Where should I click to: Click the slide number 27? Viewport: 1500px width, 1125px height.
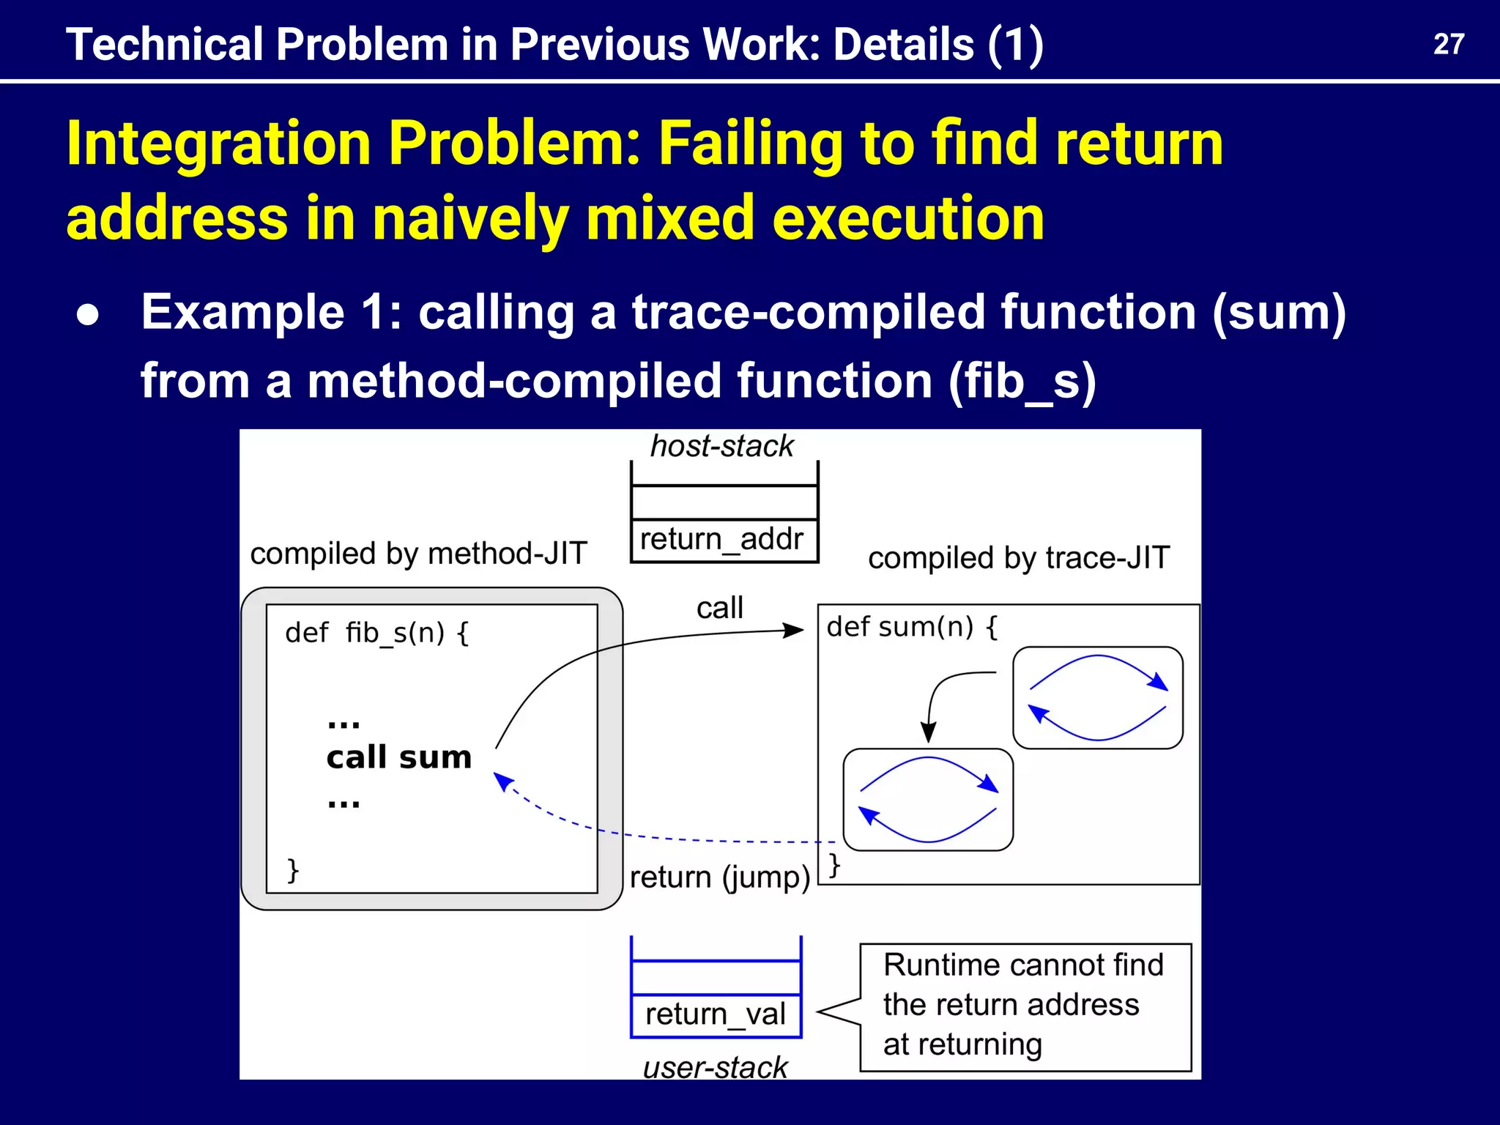coord(1448,45)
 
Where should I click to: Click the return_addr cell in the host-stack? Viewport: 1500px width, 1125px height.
coord(722,540)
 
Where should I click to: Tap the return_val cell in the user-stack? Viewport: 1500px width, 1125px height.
coord(715,1014)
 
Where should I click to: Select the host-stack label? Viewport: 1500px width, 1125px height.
coord(721,446)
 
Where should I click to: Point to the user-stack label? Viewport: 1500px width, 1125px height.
coord(715,1067)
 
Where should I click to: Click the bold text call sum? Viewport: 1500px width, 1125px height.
coord(399,757)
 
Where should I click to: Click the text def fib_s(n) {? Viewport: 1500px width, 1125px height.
coord(377,632)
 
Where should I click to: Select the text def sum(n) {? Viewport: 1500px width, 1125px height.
coord(912,627)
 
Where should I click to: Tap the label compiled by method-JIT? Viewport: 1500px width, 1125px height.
coord(418,553)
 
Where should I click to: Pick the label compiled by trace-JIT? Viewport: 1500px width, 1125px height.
coord(1019,558)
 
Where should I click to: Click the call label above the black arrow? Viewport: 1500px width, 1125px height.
coord(719,608)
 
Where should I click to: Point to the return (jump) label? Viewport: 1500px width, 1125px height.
coord(719,877)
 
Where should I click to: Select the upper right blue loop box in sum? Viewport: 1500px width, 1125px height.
coord(1097,697)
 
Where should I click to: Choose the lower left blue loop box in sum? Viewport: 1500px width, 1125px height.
coord(928,799)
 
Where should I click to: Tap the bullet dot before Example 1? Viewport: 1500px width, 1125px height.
coord(89,315)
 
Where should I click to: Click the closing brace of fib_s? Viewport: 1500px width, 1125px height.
coord(293,869)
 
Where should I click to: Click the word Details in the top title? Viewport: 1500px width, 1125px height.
coord(903,45)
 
